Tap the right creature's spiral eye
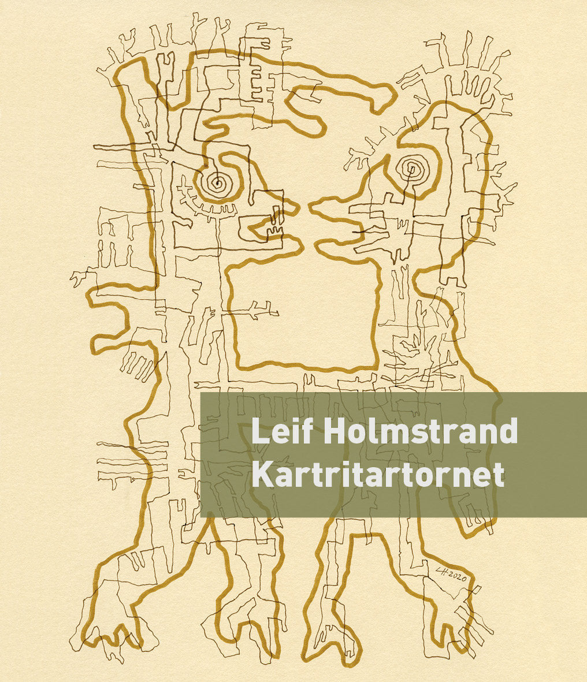413,169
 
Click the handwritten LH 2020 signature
449,574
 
